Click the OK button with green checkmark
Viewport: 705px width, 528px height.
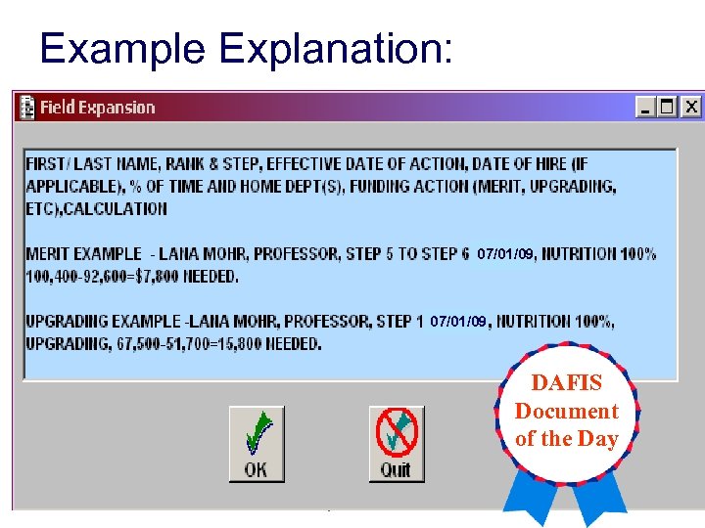click(x=257, y=443)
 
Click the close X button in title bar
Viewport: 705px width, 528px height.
click(x=691, y=107)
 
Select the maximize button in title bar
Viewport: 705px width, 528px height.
click(x=669, y=107)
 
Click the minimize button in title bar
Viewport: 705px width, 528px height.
click(x=646, y=107)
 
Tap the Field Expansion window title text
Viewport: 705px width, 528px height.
click(x=97, y=108)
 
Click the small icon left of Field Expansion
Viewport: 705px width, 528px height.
click(x=27, y=107)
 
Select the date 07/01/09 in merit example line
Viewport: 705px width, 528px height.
click(x=505, y=254)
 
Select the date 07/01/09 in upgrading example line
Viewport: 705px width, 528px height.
click(x=458, y=321)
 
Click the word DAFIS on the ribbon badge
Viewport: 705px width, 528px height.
click(x=567, y=383)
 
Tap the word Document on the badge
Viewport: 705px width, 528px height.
click(x=567, y=411)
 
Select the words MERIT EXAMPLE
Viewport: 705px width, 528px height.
click(x=83, y=254)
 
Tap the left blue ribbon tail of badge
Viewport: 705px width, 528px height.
click(x=527, y=503)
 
